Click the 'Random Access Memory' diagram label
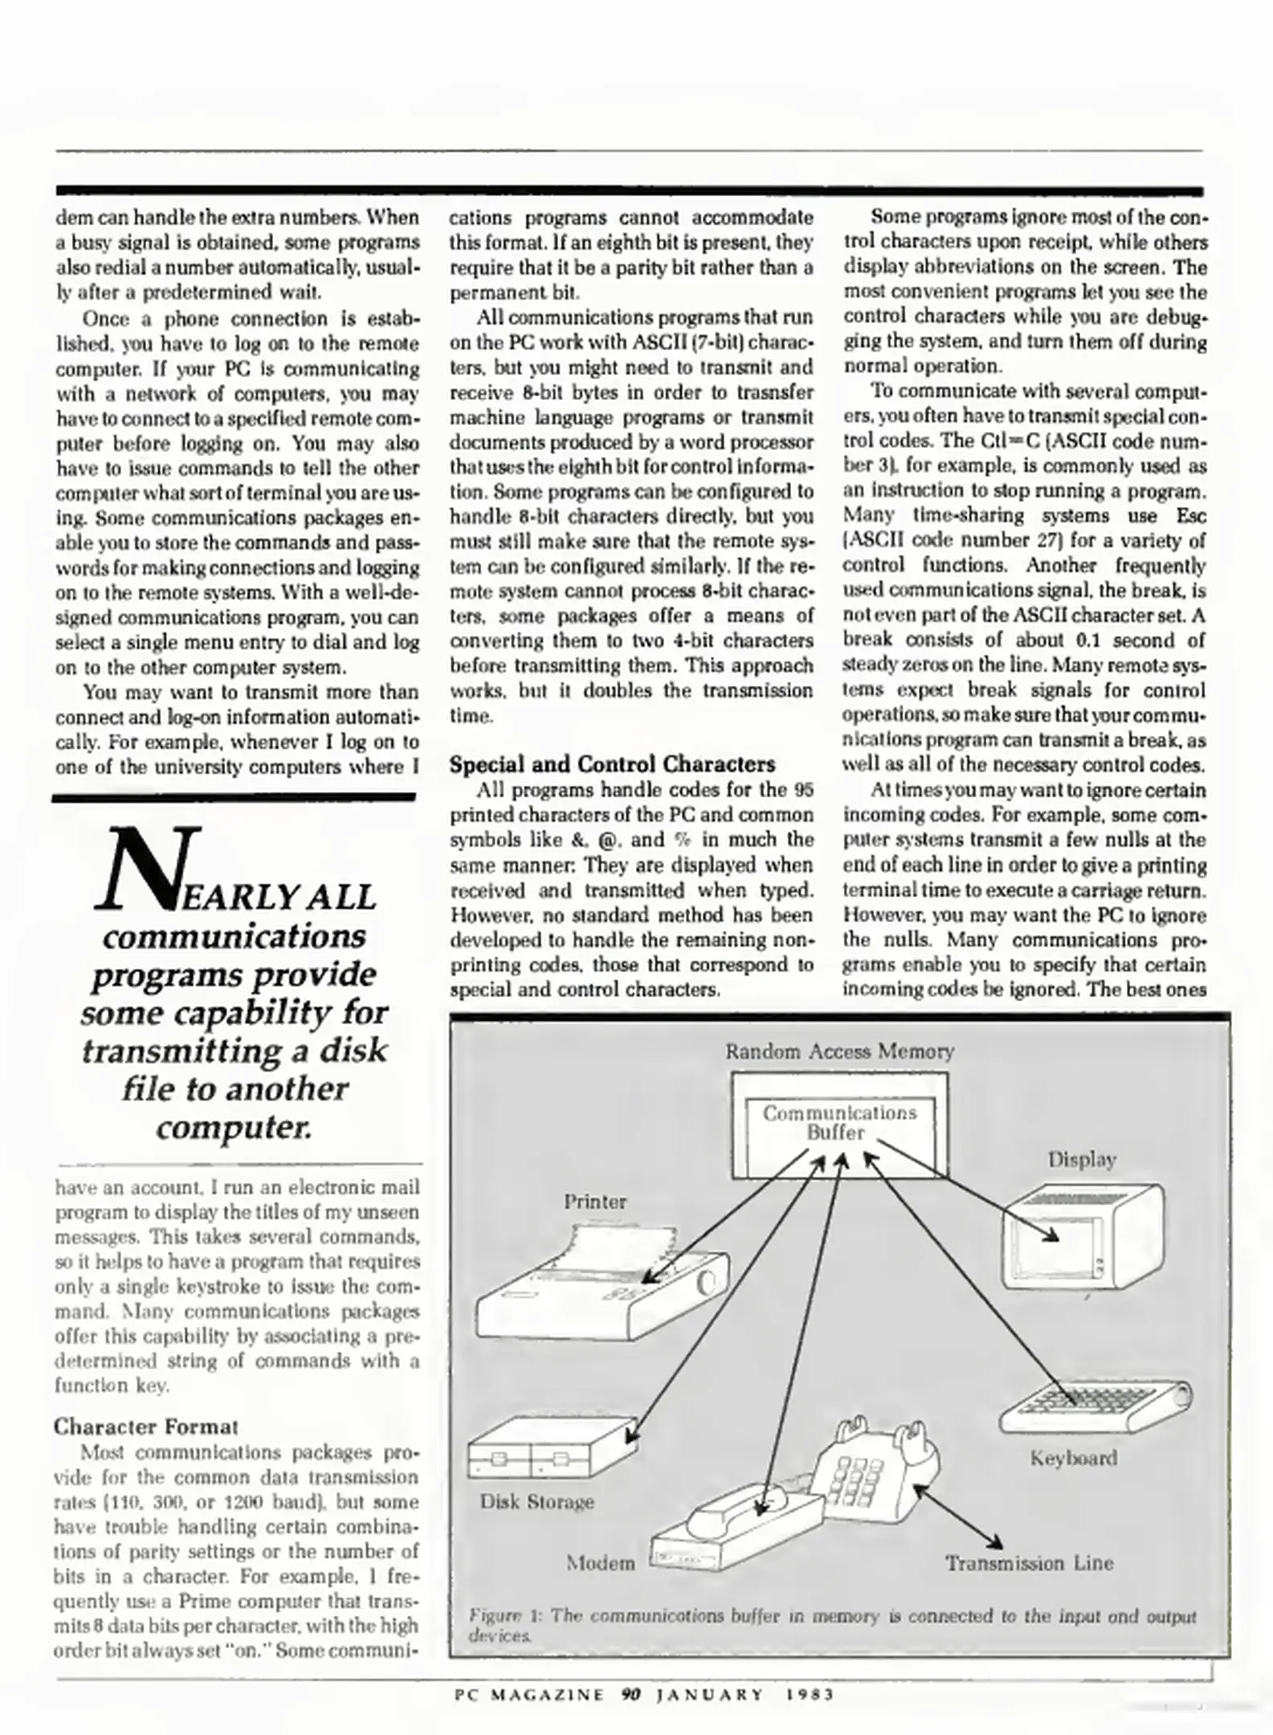point(839,1051)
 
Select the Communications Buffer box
point(839,1124)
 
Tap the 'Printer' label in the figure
point(594,1202)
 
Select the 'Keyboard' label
point(1073,1458)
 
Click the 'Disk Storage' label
point(537,1501)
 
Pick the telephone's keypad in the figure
point(859,1480)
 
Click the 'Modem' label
point(600,1562)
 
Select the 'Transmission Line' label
point(1029,1562)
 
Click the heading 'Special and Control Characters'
point(612,764)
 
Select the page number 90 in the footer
point(630,1695)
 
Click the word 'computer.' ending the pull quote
point(234,1128)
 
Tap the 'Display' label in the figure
point(1081,1159)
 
